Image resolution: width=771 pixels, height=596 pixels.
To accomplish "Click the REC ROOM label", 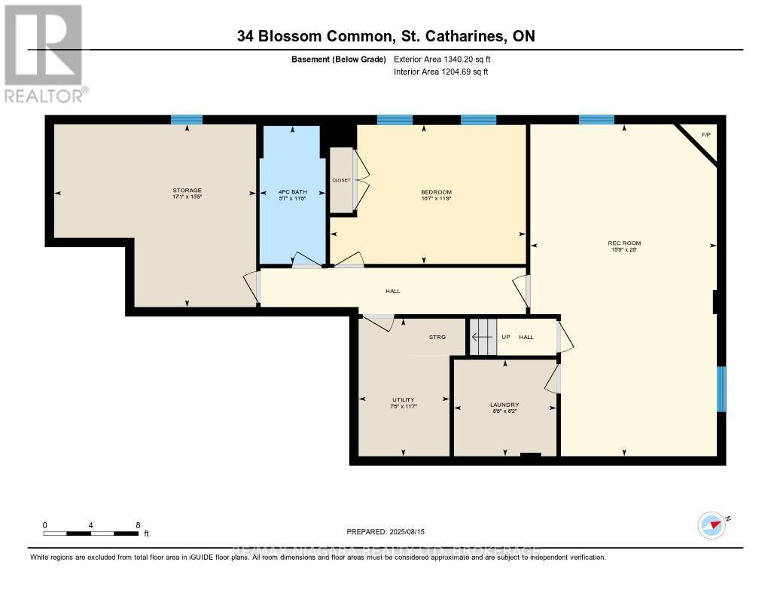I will pyautogui.click(x=624, y=243).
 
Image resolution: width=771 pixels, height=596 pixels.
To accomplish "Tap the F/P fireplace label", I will pyautogui.click(x=705, y=135).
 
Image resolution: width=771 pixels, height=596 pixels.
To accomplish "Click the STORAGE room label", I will pyautogui.click(x=187, y=190).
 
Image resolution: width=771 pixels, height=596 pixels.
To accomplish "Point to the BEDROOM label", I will pyautogui.click(x=436, y=192).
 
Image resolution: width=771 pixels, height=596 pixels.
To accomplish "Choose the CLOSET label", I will pyautogui.click(x=342, y=180).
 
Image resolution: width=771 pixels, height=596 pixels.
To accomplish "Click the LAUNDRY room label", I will pyautogui.click(x=504, y=405).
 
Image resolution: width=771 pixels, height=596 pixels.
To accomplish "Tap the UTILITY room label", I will pyautogui.click(x=403, y=400).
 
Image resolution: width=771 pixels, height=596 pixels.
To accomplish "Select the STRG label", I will pyautogui.click(x=437, y=337).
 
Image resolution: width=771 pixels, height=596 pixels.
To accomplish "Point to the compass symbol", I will pyautogui.click(x=712, y=524).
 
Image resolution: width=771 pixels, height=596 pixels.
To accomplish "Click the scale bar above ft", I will pyautogui.click(x=90, y=533).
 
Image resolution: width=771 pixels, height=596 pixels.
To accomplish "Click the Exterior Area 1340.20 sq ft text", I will pyautogui.click(x=442, y=59).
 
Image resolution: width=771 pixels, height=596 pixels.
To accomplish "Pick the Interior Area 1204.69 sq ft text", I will pyautogui.click(x=441, y=72).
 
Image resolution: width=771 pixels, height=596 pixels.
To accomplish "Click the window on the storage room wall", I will pyautogui.click(x=187, y=119).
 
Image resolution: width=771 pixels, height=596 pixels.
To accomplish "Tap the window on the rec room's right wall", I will pyautogui.click(x=721, y=389).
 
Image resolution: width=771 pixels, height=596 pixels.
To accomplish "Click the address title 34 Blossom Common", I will pyautogui.click(x=385, y=36).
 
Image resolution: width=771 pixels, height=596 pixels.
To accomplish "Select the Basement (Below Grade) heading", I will pyautogui.click(x=339, y=59).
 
